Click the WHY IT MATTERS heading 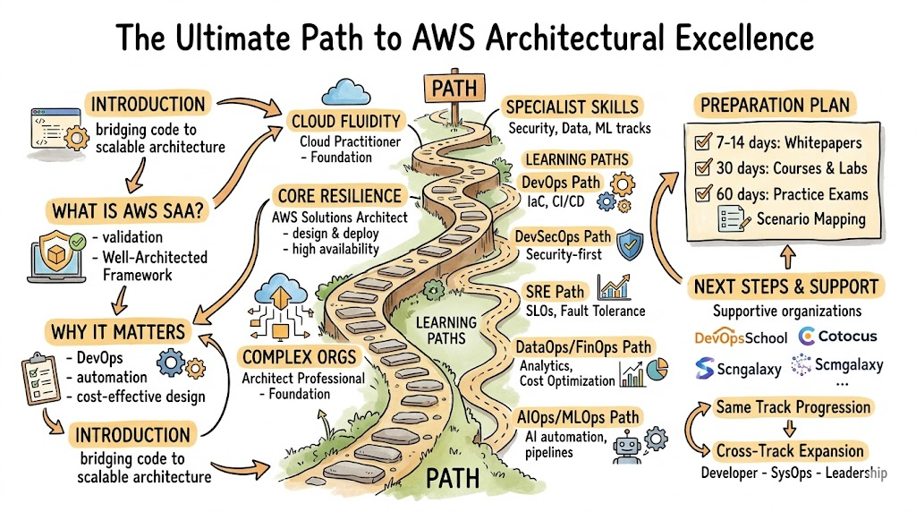pyautogui.click(x=117, y=332)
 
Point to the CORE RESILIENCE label pyautogui.click(x=339, y=196)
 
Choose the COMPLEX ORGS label pyautogui.click(x=300, y=358)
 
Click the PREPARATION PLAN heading pyautogui.click(x=775, y=104)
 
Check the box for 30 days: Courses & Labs pyautogui.click(x=703, y=167)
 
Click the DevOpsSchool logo pyautogui.click(x=741, y=337)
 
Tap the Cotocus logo pyautogui.click(x=836, y=337)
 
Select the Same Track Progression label pyautogui.click(x=793, y=407)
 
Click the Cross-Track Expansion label pyautogui.click(x=790, y=451)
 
